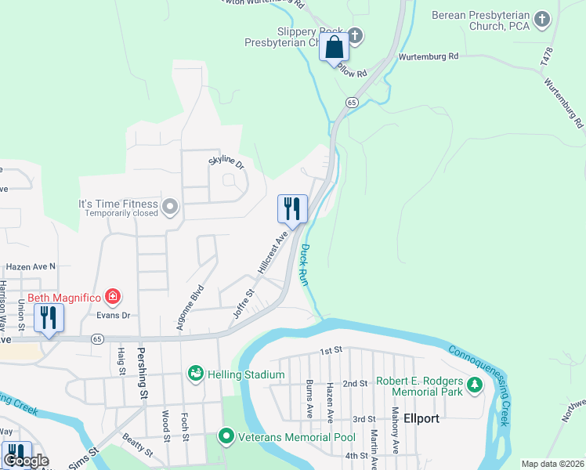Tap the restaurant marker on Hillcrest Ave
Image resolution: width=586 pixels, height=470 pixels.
[x=292, y=208]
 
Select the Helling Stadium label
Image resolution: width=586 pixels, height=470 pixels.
[x=245, y=374]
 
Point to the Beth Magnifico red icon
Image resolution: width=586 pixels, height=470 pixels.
[x=114, y=296]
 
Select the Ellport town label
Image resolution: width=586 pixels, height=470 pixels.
[x=422, y=418]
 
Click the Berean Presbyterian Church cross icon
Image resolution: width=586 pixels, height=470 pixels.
[x=541, y=19]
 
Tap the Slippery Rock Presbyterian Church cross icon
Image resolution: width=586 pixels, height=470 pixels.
[x=355, y=35]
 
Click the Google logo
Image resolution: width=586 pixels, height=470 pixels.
[x=26, y=461]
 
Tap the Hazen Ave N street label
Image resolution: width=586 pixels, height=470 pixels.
[x=31, y=266]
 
